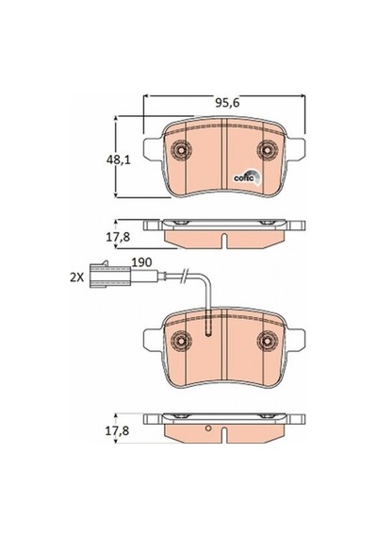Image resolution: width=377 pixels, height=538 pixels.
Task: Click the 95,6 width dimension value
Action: click(227, 103)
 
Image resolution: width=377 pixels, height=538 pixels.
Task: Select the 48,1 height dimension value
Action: click(119, 160)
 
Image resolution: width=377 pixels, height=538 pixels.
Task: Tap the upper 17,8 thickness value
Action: click(118, 237)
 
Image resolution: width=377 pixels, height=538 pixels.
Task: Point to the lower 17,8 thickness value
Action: click(117, 430)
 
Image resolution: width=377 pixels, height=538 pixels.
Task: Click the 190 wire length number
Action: click(142, 262)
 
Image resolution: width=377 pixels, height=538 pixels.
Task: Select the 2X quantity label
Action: click(76, 277)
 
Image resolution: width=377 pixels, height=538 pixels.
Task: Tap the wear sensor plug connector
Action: click(109, 275)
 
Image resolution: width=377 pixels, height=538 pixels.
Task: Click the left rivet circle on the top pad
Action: click(181, 150)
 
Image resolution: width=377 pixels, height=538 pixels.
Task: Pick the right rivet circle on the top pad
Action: click(268, 150)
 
